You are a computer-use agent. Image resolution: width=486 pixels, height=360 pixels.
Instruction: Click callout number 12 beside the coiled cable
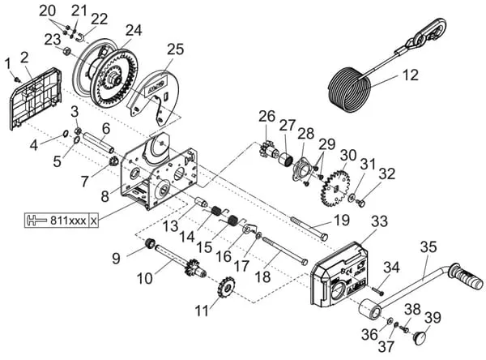click(x=411, y=76)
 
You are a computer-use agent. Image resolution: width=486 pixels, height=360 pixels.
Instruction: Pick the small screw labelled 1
click(x=18, y=78)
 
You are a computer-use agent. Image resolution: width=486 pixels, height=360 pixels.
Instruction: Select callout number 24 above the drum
click(x=133, y=29)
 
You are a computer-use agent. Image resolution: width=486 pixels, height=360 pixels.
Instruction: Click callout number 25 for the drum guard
click(x=176, y=48)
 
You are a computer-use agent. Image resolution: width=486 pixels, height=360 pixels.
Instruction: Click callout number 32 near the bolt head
click(x=387, y=173)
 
